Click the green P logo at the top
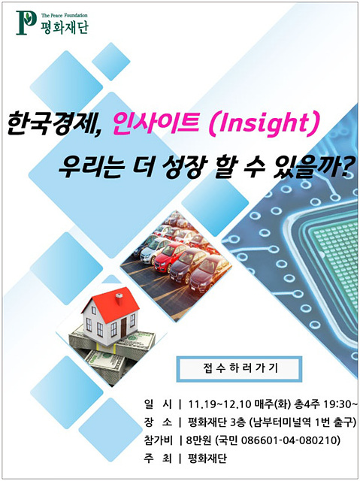(26, 23)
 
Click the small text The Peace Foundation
(65, 15)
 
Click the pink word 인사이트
(156, 123)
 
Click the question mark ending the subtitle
(348, 166)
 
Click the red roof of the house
(112, 304)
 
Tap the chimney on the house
(119, 298)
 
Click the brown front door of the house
(123, 327)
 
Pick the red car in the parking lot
(170, 256)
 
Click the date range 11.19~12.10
(219, 404)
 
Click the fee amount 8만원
(199, 441)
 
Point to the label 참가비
(158, 441)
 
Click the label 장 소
(158, 422)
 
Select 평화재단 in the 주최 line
(207, 459)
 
